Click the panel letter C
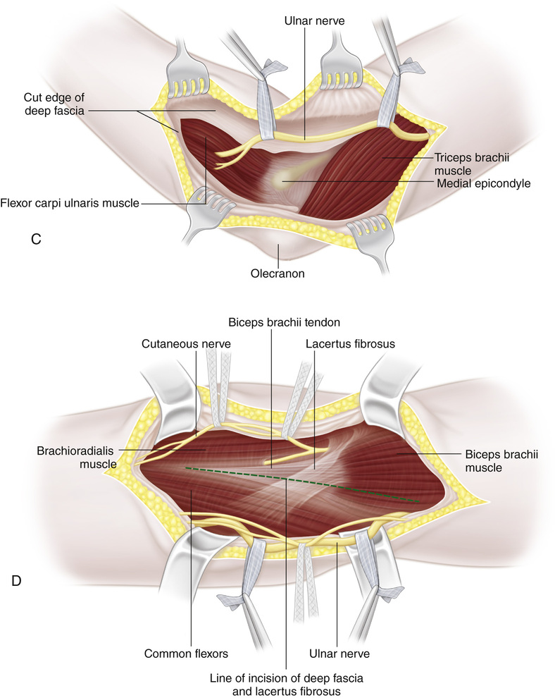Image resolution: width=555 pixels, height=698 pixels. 35,239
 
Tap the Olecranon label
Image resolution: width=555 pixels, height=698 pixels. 278,273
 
